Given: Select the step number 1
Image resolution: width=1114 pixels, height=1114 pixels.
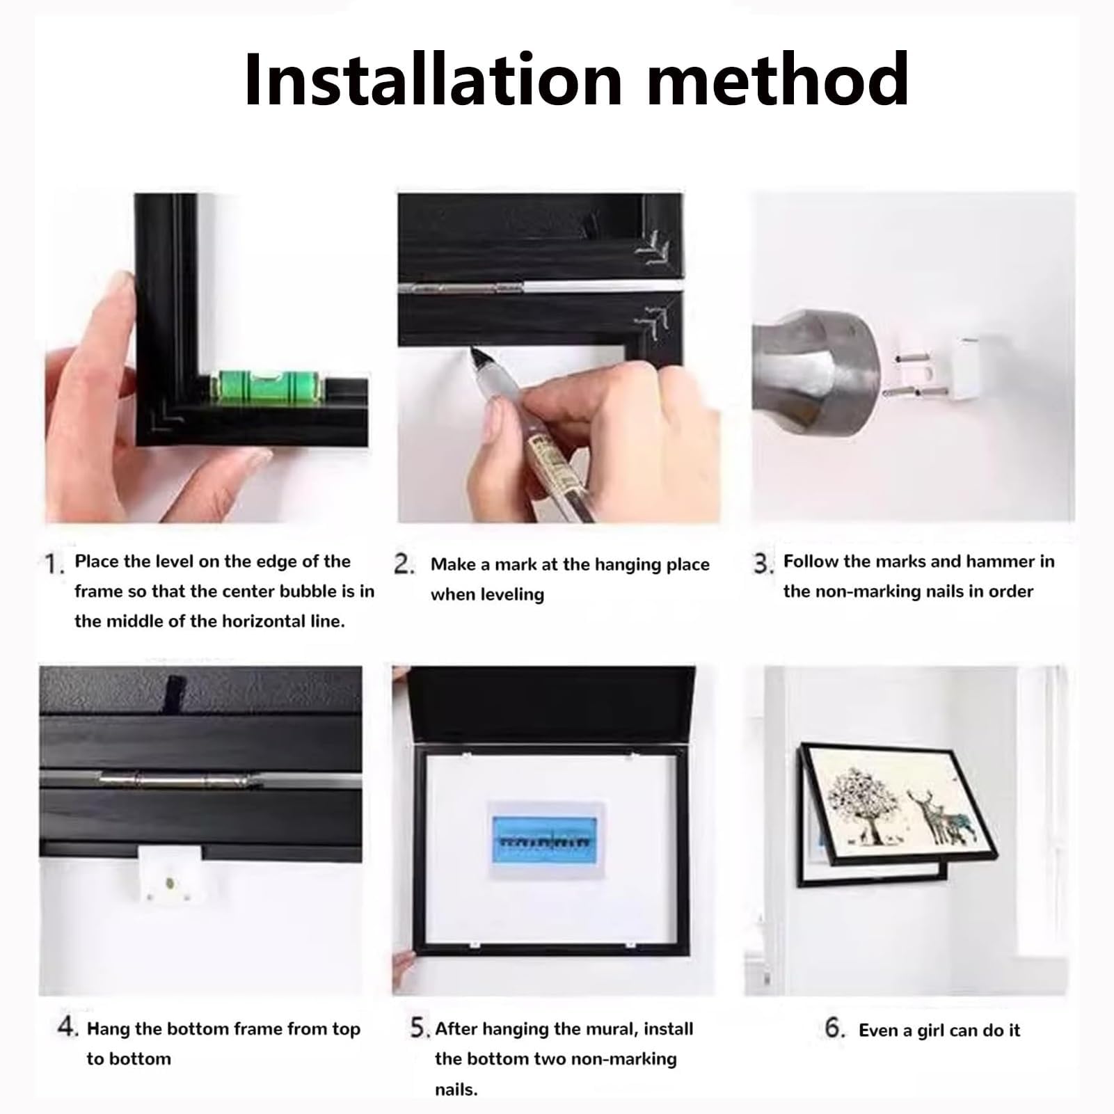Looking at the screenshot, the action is click(x=54, y=564).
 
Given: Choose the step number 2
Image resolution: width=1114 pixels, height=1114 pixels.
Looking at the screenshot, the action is click(x=404, y=564).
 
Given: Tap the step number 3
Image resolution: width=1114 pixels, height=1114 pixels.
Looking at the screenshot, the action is click(x=763, y=564).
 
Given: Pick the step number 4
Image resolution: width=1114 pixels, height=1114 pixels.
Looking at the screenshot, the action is click(x=67, y=1028).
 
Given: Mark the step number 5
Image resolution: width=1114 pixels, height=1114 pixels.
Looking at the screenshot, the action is click(x=420, y=1028).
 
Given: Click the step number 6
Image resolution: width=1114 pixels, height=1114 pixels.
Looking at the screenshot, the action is click(x=835, y=1028).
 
